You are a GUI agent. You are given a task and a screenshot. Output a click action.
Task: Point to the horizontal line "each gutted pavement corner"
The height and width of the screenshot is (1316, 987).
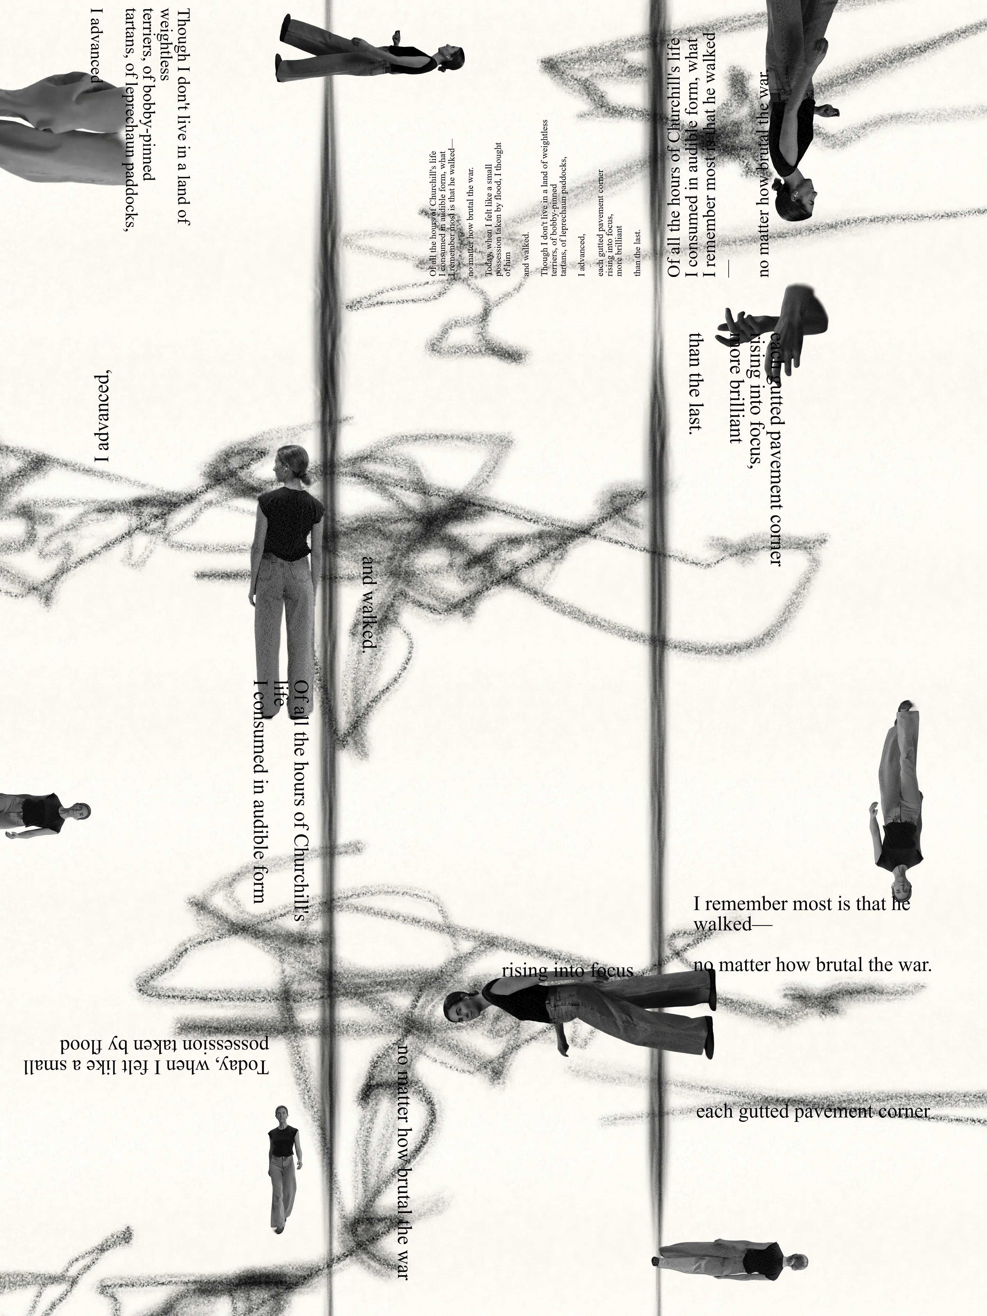[x=812, y=1111]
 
